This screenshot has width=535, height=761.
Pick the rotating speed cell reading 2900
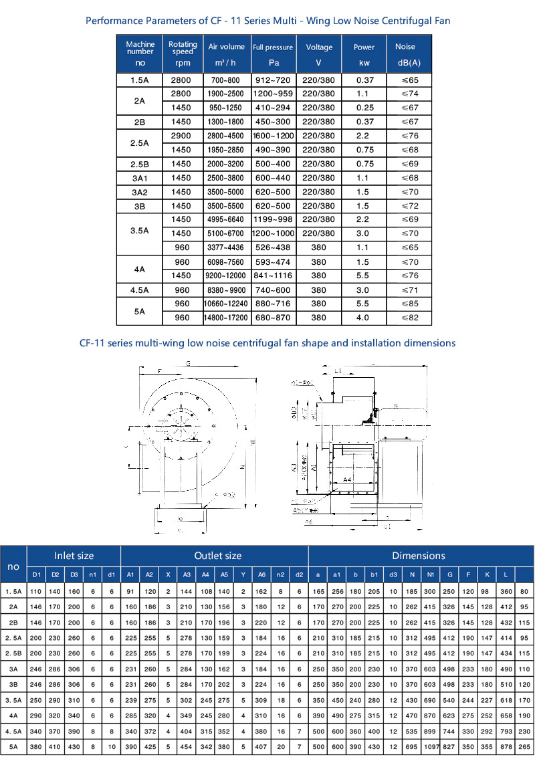tap(181, 136)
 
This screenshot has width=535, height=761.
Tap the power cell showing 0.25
tap(364, 108)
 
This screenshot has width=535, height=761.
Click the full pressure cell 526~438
tap(273, 247)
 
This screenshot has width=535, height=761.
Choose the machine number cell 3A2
tap(140, 192)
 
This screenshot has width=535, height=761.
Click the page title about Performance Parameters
tap(267, 21)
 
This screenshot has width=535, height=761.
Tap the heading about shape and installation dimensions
tap(267, 343)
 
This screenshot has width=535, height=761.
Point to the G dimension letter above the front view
tap(190, 363)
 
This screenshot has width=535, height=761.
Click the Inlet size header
tap(74, 556)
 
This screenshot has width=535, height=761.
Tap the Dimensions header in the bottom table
tap(419, 556)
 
